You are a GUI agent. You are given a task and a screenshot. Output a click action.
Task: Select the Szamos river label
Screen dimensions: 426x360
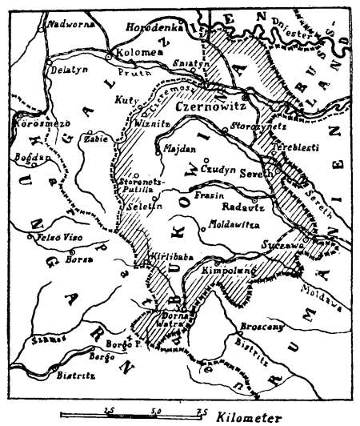[40, 340]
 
